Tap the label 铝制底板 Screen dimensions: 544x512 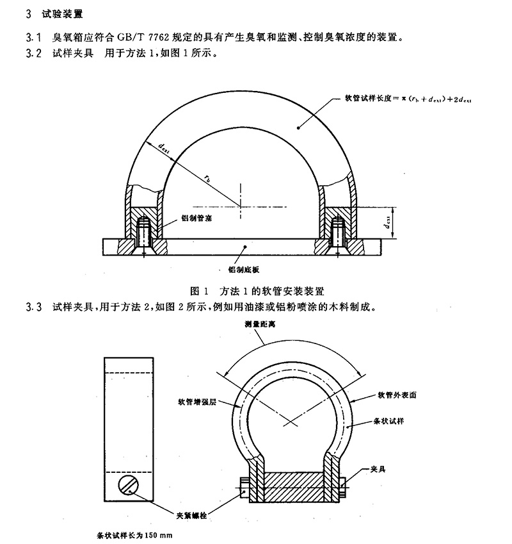[243, 270]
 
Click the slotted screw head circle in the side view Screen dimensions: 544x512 [128, 486]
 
